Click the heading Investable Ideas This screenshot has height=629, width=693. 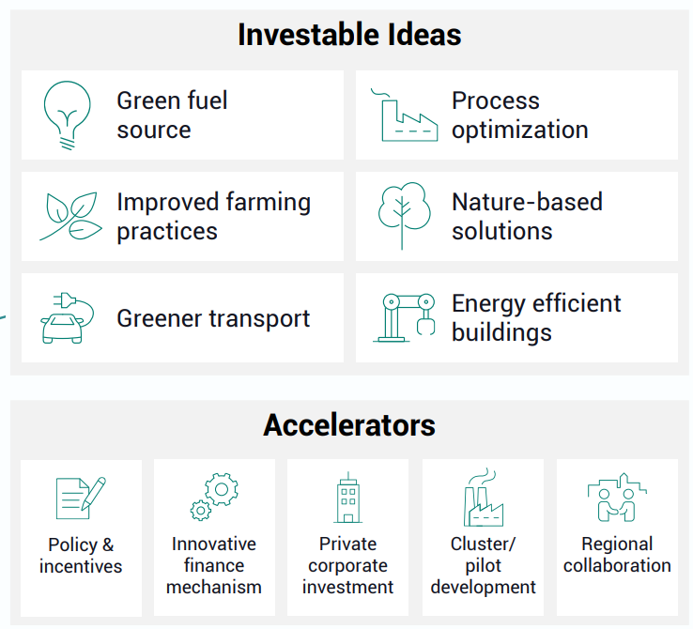tap(349, 35)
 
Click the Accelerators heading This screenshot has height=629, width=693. tap(349, 425)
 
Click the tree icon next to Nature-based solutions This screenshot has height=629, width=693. tap(402, 207)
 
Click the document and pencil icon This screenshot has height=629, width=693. tap(81, 499)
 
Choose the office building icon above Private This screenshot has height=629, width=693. tap(348, 498)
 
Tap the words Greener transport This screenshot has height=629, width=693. tap(213, 319)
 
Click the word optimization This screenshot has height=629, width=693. tap(520, 130)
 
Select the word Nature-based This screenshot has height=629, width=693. tap(528, 202)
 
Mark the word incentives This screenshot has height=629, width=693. tap(81, 566)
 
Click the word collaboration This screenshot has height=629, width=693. tap(617, 565)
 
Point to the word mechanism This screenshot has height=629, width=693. tap(214, 587)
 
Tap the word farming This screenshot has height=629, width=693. tap(269, 203)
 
